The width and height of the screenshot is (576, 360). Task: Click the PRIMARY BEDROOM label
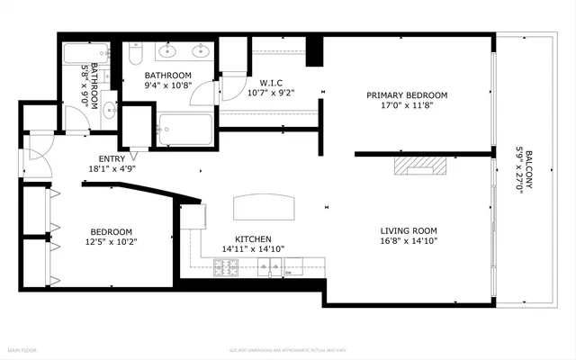406,95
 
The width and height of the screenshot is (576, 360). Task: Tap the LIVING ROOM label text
409,230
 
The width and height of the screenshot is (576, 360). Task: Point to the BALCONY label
530,167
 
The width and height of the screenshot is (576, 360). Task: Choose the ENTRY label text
99,158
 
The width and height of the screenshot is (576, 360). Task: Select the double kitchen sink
268,265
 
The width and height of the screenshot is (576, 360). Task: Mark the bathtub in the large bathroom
184,130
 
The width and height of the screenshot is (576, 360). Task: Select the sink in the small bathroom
109,111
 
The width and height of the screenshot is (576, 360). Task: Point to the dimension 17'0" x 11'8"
406,104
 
